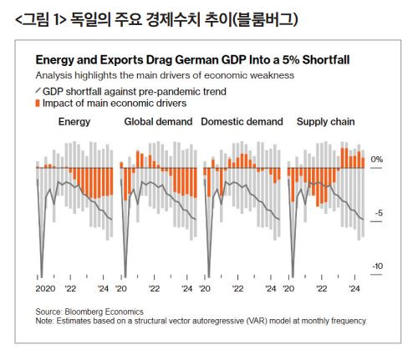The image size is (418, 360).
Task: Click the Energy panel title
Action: tap(74, 122)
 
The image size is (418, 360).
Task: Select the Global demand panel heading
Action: tap(158, 122)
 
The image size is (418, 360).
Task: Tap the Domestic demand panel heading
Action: tap(242, 122)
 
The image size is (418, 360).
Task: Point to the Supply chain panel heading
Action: tap(325, 122)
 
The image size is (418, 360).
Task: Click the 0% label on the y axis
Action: tap(377, 160)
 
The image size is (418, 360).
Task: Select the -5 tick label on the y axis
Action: tap(379, 213)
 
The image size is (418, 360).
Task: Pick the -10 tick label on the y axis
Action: tap(377, 266)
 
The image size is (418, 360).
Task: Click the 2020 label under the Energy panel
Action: tap(45, 289)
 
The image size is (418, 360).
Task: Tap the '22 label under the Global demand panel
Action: tap(154, 289)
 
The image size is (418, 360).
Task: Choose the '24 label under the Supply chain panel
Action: tap(354, 289)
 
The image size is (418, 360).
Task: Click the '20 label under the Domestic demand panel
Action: tap(205, 289)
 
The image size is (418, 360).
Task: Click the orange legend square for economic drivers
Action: tap(38, 104)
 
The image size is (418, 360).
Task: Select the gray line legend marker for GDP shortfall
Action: tap(38, 91)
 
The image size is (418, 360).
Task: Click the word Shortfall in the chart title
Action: tap(326, 60)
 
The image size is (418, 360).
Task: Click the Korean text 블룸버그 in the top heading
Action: tap(265, 20)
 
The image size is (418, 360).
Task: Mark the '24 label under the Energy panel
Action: tap(103, 289)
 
